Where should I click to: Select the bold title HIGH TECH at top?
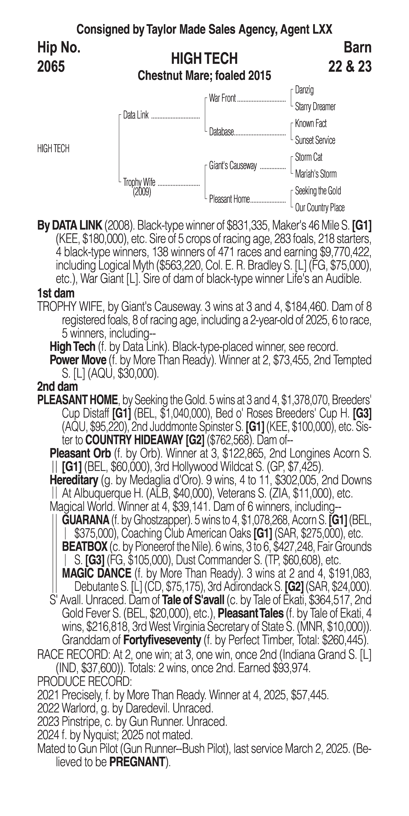click(204, 59)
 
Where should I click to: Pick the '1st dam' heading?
click(56, 293)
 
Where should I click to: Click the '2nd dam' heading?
click(57, 386)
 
